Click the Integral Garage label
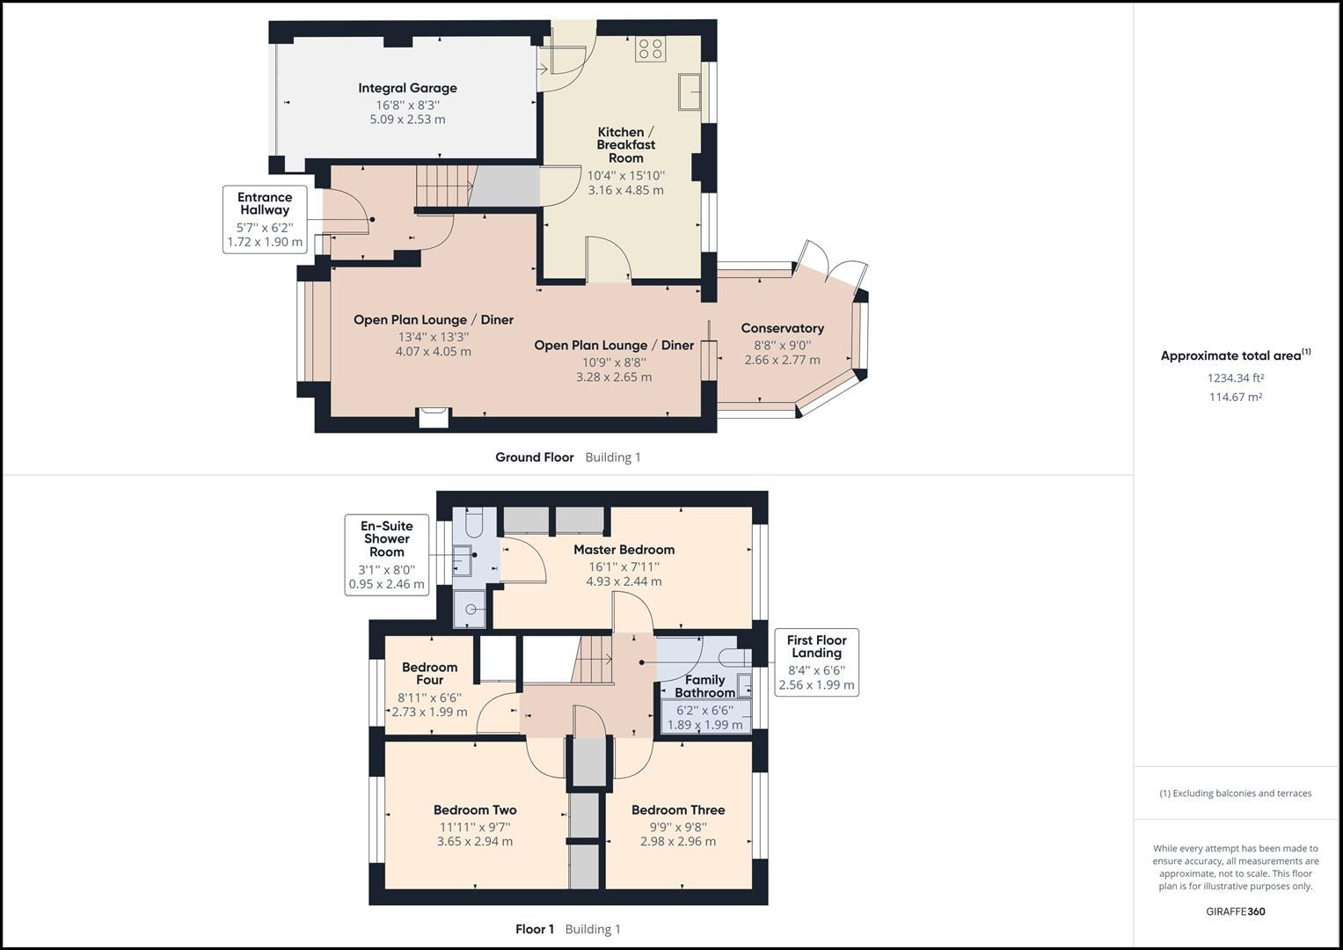pos(407,88)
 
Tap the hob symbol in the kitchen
pos(651,48)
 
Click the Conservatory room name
pos(782,328)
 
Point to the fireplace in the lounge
pos(434,417)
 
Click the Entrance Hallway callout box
pos(265,220)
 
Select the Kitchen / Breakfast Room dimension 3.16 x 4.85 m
pos(625,190)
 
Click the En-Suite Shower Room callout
pos(387,555)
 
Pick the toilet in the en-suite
pos(473,524)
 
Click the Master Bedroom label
pos(624,550)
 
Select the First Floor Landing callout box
pos(816,661)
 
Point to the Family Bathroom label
pos(704,686)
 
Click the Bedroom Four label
pos(429,673)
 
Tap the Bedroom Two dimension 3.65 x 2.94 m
pos(475,842)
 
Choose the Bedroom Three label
pos(678,810)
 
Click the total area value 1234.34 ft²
pos(1235,378)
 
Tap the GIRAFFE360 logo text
pos(1235,911)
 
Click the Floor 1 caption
pos(535,929)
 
